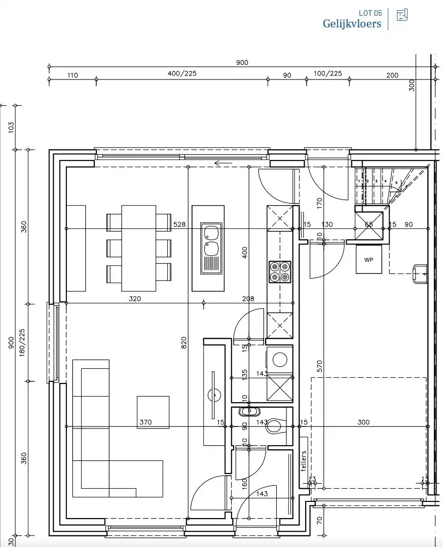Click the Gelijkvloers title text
(x=352, y=23)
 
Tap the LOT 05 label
(x=370, y=13)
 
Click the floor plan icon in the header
(x=402, y=15)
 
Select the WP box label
(x=368, y=259)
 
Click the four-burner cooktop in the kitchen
(x=279, y=271)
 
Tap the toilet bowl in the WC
(x=275, y=426)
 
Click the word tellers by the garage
(x=304, y=461)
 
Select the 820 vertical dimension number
(x=183, y=343)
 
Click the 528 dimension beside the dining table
(x=179, y=224)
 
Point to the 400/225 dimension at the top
(x=182, y=73)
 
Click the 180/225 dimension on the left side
(x=22, y=342)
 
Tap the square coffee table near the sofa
(x=153, y=412)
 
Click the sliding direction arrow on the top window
(x=223, y=163)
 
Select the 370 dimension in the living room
(x=145, y=422)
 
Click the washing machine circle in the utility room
(x=279, y=360)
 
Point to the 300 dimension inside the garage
(x=363, y=422)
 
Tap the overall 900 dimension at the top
(x=242, y=62)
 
